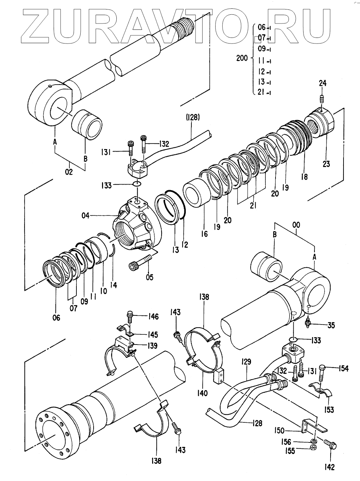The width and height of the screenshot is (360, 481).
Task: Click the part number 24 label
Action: tap(323, 83)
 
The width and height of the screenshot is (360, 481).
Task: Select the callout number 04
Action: tap(86, 216)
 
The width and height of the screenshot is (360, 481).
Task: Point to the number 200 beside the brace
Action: tap(242, 58)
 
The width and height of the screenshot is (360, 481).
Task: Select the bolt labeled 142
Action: tap(330, 443)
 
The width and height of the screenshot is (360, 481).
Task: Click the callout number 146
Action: tap(153, 316)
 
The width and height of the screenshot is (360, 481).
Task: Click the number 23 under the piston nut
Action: tap(326, 164)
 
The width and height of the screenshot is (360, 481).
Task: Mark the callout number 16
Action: tap(204, 234)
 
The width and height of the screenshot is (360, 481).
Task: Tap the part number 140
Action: tap(202, 393)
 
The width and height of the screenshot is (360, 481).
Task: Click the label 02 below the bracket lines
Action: tap(69, 172)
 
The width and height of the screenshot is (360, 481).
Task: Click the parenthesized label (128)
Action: tap(192, 118)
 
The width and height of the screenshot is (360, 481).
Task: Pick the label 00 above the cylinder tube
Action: tap(296, 225)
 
